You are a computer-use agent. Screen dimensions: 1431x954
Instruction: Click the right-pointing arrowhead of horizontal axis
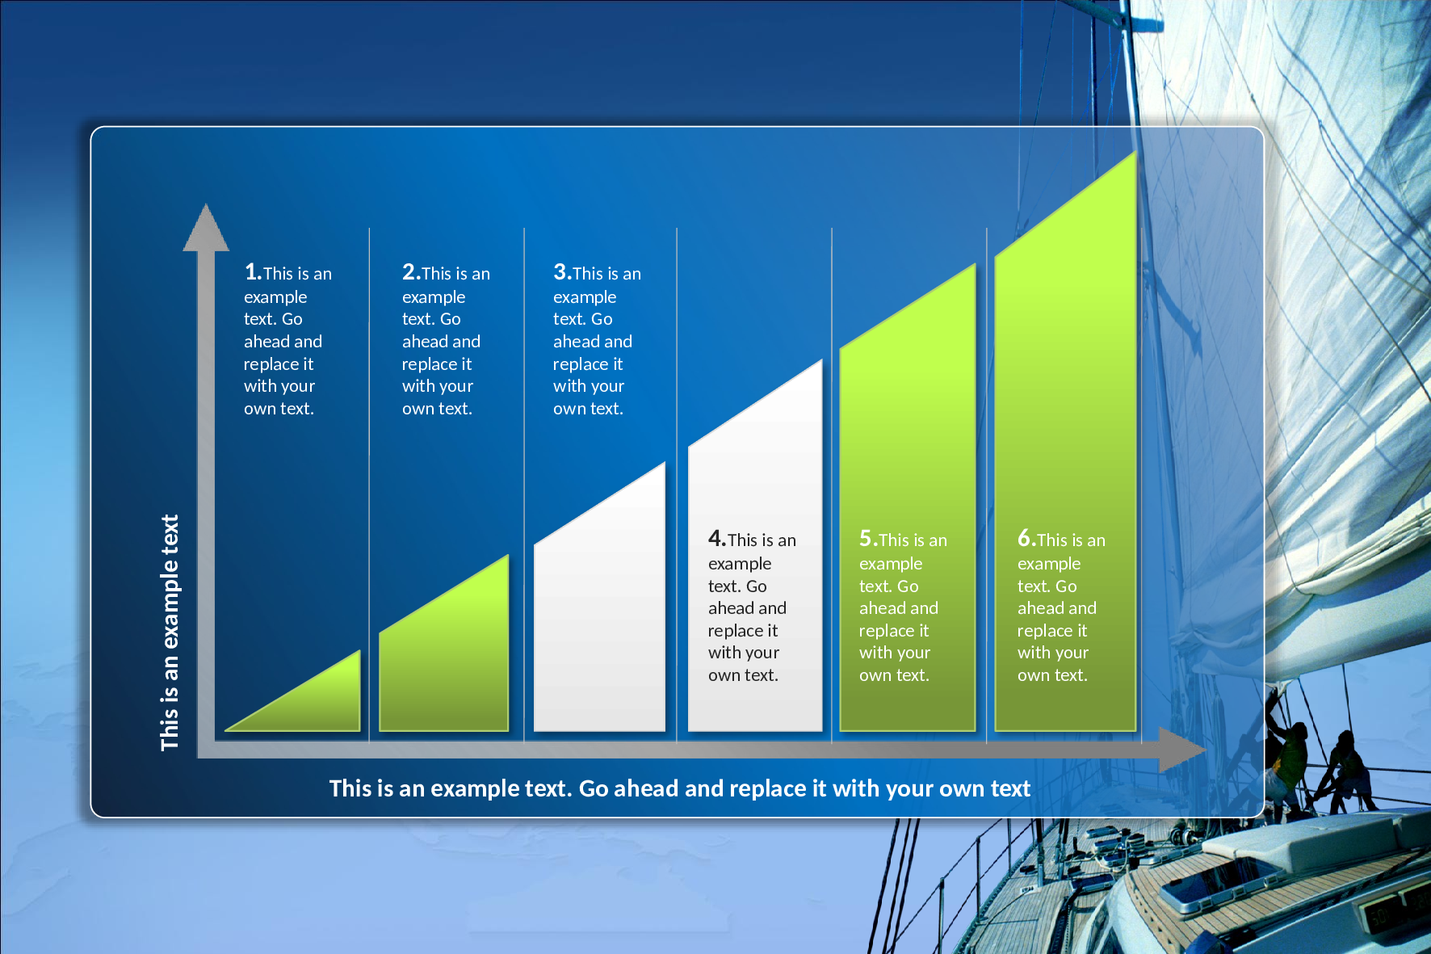tap(1182, 749)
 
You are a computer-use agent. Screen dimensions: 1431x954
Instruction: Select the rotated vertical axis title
tap(170, 632)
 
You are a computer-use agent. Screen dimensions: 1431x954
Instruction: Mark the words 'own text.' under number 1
tap(279, 409)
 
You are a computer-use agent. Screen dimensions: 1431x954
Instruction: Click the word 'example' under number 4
tap(740, 564)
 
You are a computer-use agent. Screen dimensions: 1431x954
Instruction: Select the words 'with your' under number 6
tap(1053, 653)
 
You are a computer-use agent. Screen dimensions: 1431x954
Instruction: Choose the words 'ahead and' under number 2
tap(441, 342)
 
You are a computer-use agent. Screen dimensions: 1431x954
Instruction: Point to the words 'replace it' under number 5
tap(894, 631)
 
